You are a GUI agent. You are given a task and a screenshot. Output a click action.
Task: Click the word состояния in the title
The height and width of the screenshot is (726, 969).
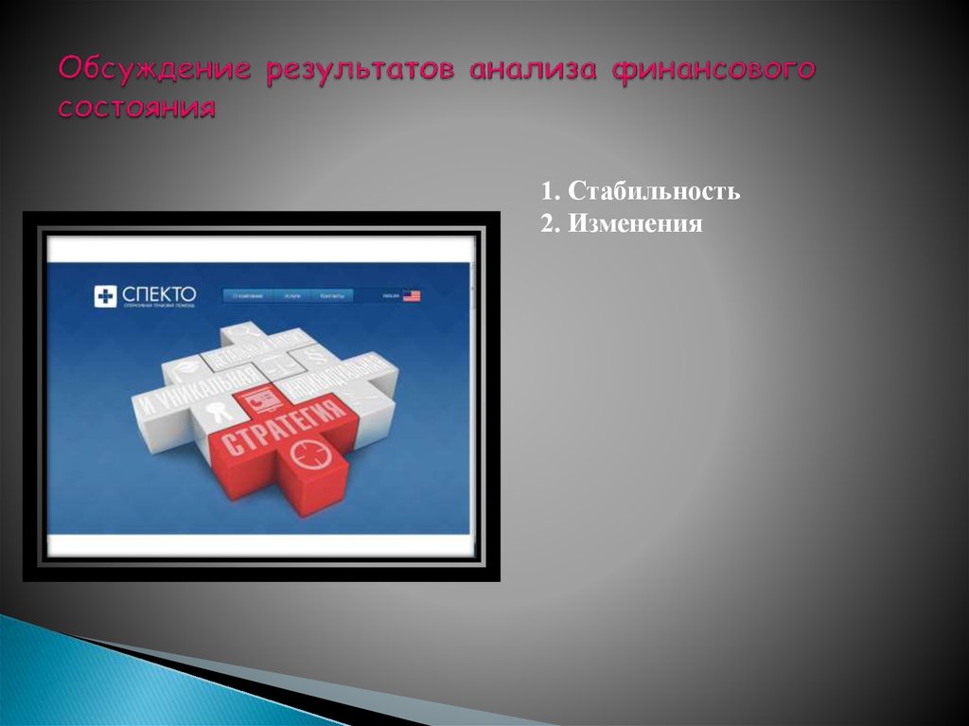point(136,106)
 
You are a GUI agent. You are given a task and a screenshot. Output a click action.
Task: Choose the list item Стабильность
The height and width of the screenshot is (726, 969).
point(653,192)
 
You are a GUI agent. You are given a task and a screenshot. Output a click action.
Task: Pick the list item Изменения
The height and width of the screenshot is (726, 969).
point(635,224)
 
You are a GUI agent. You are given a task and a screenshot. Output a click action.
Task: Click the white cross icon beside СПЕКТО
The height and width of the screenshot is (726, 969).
point(105,297)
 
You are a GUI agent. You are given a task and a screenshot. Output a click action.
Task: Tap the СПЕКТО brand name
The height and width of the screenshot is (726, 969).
point(158,294)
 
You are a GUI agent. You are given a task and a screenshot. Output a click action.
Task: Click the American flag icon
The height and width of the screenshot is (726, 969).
point(412,296)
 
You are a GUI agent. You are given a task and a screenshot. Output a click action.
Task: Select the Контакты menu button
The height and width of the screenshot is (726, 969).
point(332,296)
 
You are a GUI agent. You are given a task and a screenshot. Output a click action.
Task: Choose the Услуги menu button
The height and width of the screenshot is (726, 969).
point(292,296)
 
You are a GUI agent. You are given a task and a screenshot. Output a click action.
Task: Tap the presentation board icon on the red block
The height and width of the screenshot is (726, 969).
point(256,400)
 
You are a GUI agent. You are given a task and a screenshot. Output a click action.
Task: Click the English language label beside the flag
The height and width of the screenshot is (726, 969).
point(391,296)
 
